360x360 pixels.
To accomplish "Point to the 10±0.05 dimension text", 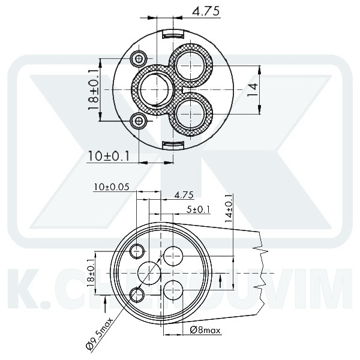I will [x=112, y=187].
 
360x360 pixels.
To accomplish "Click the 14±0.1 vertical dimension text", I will [x=227, y=209].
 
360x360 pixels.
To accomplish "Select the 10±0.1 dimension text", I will [x=109, y=156].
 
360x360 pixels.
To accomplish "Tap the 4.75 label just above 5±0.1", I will [x=184, y=195].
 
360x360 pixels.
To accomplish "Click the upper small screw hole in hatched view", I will [x=140, y=58].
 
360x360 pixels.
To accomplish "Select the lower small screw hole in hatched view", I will [x=140, y=121].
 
